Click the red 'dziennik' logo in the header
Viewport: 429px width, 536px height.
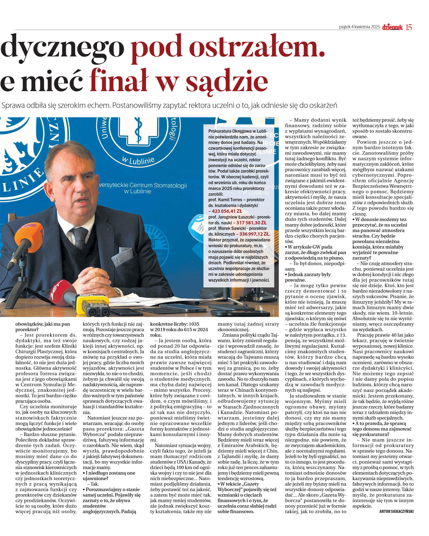pos(392,27)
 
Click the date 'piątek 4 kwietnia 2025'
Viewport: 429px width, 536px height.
pos(359,27)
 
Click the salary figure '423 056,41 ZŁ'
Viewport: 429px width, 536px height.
pos(227,211)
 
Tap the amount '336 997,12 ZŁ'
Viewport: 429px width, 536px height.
pos(254,234)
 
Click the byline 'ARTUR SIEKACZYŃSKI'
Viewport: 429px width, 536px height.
pos(396,511)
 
